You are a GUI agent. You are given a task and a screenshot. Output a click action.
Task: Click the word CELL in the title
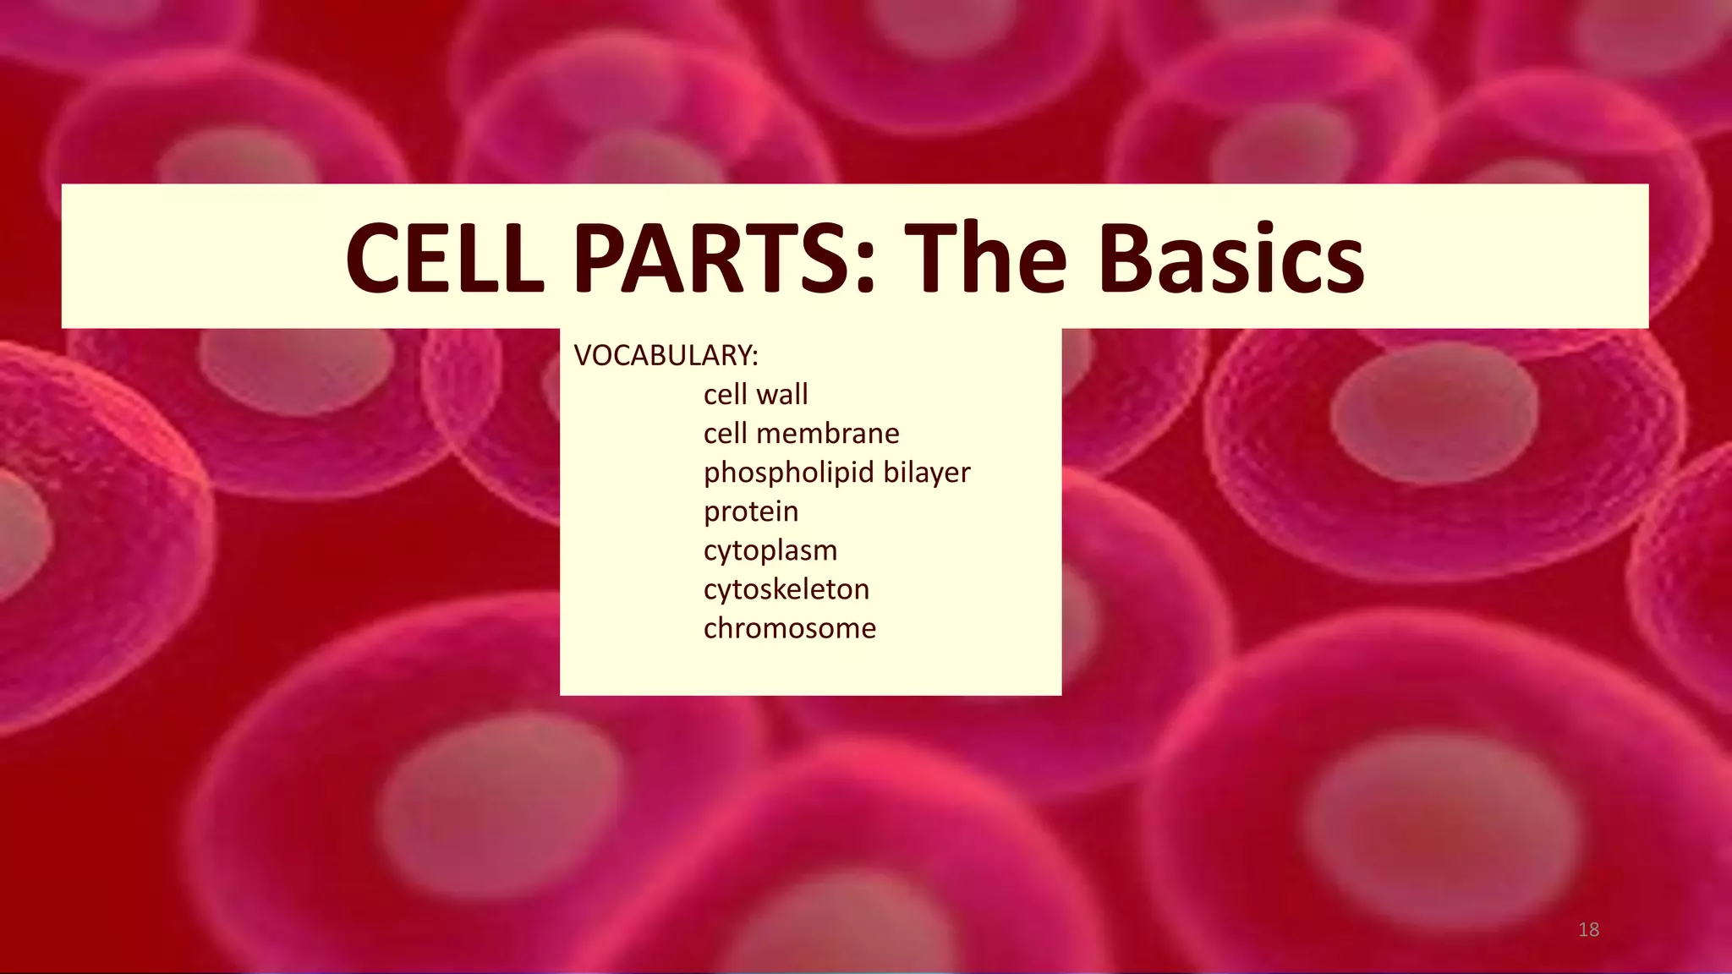pyautogui.click(x=445, y=258)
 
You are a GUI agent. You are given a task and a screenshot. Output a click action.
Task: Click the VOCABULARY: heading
pyautogui.click(x=666, y=356)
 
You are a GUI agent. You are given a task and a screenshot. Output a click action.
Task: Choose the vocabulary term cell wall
pyautogui.click(x=755, y=394)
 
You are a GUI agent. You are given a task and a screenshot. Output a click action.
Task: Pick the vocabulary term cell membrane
pyautogui.click(x=801, y=433)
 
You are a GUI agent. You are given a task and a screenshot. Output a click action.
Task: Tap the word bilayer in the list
pyautogui.click(x=927, y=473)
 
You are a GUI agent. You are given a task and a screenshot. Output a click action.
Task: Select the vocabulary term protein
pyautogui.click(x=751, y=512)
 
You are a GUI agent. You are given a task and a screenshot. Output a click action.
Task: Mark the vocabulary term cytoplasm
pyautogui.click(x=770, y=550)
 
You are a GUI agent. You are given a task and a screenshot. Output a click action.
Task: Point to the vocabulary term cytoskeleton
pyautogui.click(x=787, y=589)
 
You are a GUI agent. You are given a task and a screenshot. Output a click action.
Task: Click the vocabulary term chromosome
pyautogui.click(x=790, y=628)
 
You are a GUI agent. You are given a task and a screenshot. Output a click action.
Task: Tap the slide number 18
pyautogui.click(x=1588, y=930)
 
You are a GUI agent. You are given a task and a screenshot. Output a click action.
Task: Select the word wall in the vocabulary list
pyautogui.click(x=782, y=394)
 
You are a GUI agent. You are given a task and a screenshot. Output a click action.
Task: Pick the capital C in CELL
pyautogui.click(x=374, y=258)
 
